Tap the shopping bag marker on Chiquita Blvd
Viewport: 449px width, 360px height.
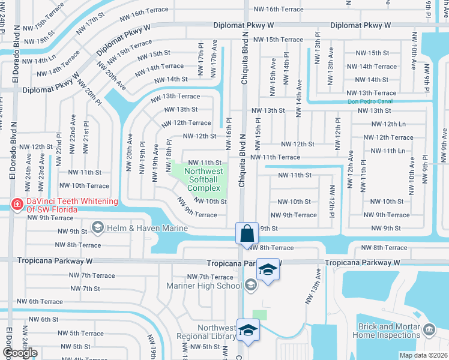(x=247, y=233)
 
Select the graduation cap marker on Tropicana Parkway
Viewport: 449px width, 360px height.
(x=268, y=270)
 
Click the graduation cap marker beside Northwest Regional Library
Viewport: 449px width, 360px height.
(x=247, y=331)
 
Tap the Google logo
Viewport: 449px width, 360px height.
(x=20, y=353)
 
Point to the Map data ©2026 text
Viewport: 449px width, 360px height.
(x=423, y=355)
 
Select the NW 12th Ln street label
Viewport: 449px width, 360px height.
(x=388, y=124)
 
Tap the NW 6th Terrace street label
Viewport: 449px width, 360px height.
(x=40, y=302)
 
